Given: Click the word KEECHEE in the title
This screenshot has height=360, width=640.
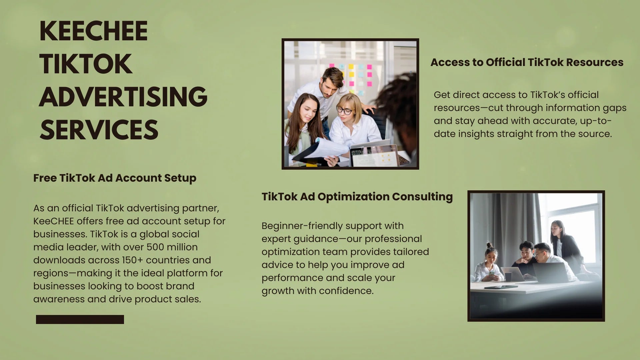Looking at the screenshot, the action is click(94, 31).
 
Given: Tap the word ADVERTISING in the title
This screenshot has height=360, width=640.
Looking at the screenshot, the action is click(123, 97).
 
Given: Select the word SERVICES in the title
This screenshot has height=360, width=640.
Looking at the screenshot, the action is click(99, 130).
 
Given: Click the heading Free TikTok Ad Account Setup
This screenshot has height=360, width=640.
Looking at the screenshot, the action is click(115, 178).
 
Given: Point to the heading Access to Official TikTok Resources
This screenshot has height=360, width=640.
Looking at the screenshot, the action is click(527, 62).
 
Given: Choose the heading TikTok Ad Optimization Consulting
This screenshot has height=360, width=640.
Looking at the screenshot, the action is click(357, 197).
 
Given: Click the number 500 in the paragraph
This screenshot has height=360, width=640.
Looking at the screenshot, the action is click(155, 247).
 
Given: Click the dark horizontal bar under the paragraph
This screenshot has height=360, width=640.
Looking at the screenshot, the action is click(80, 319).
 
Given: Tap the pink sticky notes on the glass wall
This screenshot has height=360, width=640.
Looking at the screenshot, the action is click(360, 75).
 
